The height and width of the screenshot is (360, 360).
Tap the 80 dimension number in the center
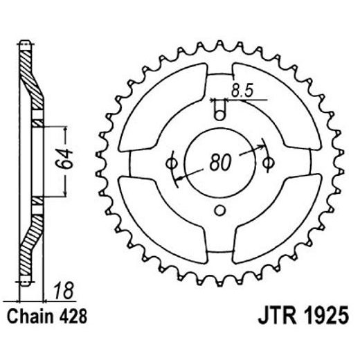tap(219, 163)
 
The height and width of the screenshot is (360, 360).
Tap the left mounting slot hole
tap(171, 163)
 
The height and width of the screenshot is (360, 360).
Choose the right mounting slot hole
tap(267, 163)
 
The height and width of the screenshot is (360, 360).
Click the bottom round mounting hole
tap(219, 211)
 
